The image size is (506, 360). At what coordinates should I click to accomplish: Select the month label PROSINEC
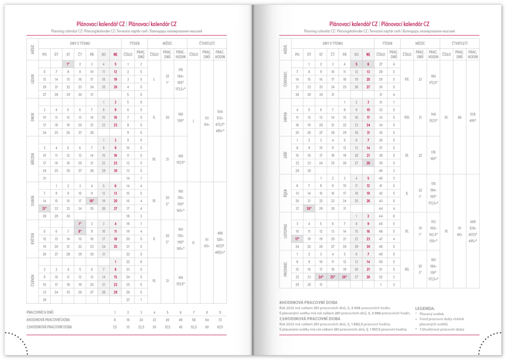285,269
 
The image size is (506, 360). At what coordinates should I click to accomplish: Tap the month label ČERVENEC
285,79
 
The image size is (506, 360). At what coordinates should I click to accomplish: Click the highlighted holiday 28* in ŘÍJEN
309,209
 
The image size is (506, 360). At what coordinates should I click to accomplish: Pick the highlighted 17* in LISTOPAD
297,239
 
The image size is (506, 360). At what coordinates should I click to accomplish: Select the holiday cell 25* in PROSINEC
333,277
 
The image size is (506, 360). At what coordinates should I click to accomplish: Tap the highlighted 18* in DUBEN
91,201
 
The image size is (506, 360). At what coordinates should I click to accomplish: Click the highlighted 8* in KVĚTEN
80,231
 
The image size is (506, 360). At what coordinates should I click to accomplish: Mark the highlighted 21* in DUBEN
44,208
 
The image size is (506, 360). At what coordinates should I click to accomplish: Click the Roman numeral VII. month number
406,79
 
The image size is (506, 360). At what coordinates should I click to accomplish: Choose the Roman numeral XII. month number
406,269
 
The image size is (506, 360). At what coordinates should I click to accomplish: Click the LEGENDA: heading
425,308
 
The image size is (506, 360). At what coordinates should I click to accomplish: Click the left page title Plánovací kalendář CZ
101,23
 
